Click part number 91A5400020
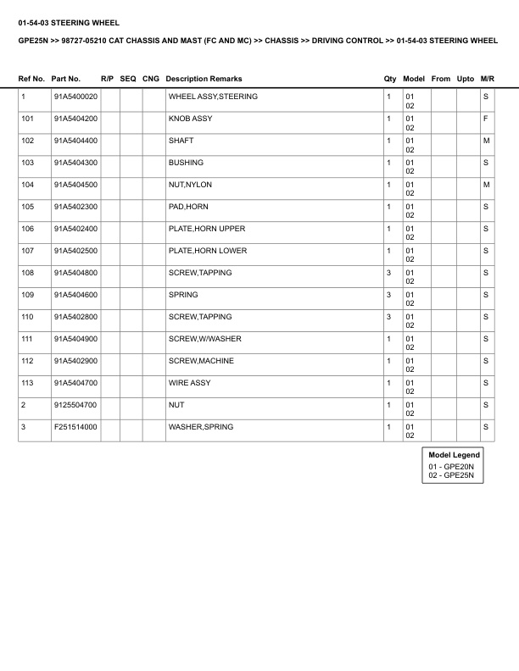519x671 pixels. pyautogui.click(x=75, y=97)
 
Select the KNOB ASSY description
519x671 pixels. pyautogui.click(x=191, y=119)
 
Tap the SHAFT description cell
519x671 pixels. pyautogui.click(x=181, y=141)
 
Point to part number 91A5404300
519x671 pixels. pyautogui.click(x=75, y=163)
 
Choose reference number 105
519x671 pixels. pyautogui.click(x=28, y=207)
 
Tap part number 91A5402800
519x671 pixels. pyautogui.click(x=75, y=317)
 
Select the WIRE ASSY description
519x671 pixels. pyautogui.click(x=190, y=383)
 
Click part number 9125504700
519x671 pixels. pyautogui.click(x=75, y=405)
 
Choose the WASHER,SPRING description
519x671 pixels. pyautogui.click(x=201, y=427)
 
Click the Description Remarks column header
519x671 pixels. pyautogui.click(x=204, y=79)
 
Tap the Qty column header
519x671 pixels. pyautogui.click(x=390, y=79)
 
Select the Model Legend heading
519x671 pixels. pyautogui.click(x=455, y=455)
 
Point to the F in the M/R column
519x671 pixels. pyautogui.click(x=486, y=119)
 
